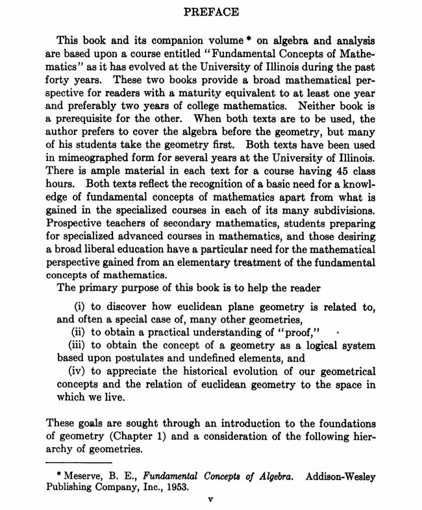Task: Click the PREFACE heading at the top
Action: tap(212, 11)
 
